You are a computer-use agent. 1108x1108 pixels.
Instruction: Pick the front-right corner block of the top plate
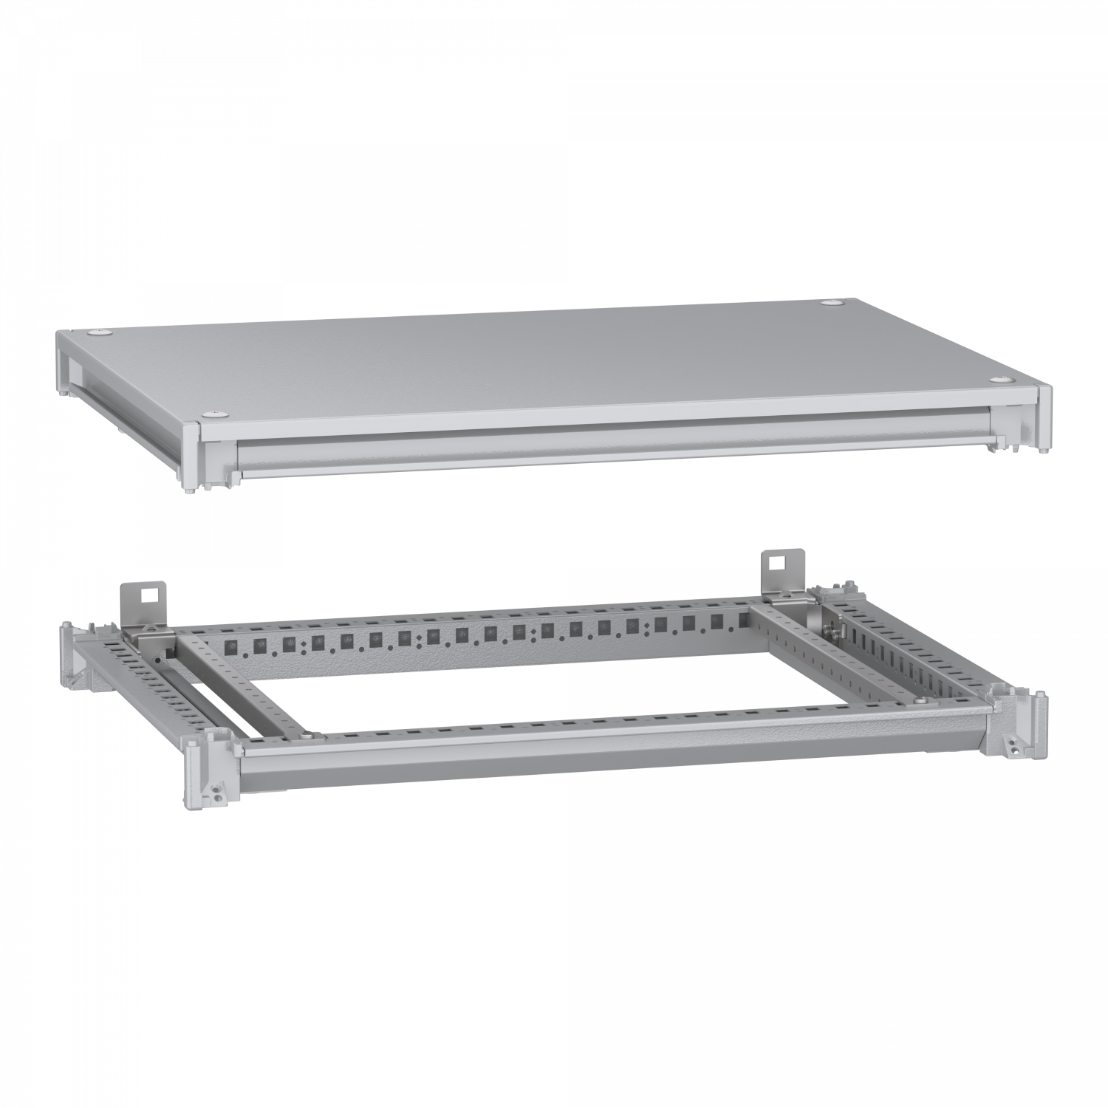click(x=1044, y=417)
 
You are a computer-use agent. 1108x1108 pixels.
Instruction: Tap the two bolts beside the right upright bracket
click(x=834, y=627)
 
